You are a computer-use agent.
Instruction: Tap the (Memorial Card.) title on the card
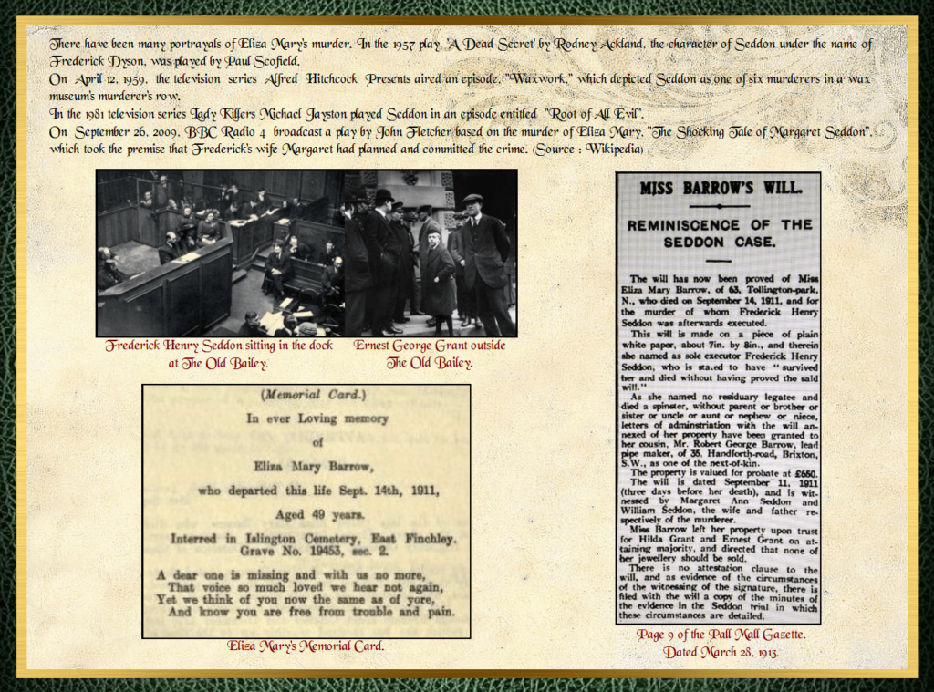point(306,396)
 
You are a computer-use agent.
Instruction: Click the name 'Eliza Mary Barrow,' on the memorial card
point(306,466)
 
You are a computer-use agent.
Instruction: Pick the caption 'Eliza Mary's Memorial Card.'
point(306,646)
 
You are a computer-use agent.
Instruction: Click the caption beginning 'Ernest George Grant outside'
point(429,346)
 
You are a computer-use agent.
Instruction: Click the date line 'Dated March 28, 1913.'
point(720,651)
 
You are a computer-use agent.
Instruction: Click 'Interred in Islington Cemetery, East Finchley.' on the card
point(314,539)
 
